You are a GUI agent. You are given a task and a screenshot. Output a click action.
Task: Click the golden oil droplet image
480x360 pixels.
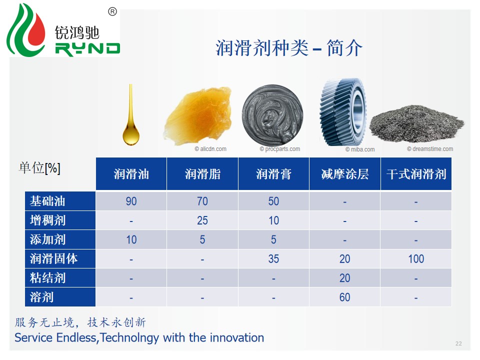[131, 122]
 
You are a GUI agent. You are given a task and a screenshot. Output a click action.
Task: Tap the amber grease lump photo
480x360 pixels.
[197, 115]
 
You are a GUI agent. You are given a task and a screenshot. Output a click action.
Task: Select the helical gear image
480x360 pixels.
[342, 112]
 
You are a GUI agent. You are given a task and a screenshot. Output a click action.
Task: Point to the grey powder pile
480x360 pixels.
[416, 123]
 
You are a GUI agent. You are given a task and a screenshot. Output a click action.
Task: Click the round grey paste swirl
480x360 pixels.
[272, 115]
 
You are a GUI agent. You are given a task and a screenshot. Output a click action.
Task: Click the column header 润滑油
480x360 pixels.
[131, 174]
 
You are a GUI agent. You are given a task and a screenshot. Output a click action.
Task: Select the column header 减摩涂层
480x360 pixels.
[345, 174]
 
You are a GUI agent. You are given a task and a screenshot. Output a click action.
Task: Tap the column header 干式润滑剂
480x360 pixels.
[416, 174]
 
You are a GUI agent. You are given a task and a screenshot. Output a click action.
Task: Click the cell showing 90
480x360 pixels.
[131, 201]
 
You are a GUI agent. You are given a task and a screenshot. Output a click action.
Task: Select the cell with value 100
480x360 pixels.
[416, 259]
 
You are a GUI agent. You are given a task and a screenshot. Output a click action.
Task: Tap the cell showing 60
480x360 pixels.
[345, 297]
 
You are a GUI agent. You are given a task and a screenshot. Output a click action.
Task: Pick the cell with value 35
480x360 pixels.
[273, 259]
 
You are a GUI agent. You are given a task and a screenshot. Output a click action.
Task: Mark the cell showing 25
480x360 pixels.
[202, 220]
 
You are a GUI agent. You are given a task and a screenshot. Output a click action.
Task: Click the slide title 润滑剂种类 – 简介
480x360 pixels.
[289, 48]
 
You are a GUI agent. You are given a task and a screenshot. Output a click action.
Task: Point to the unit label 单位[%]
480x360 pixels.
[40, 168]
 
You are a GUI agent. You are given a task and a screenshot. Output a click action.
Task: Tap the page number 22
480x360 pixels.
[458, 343]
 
